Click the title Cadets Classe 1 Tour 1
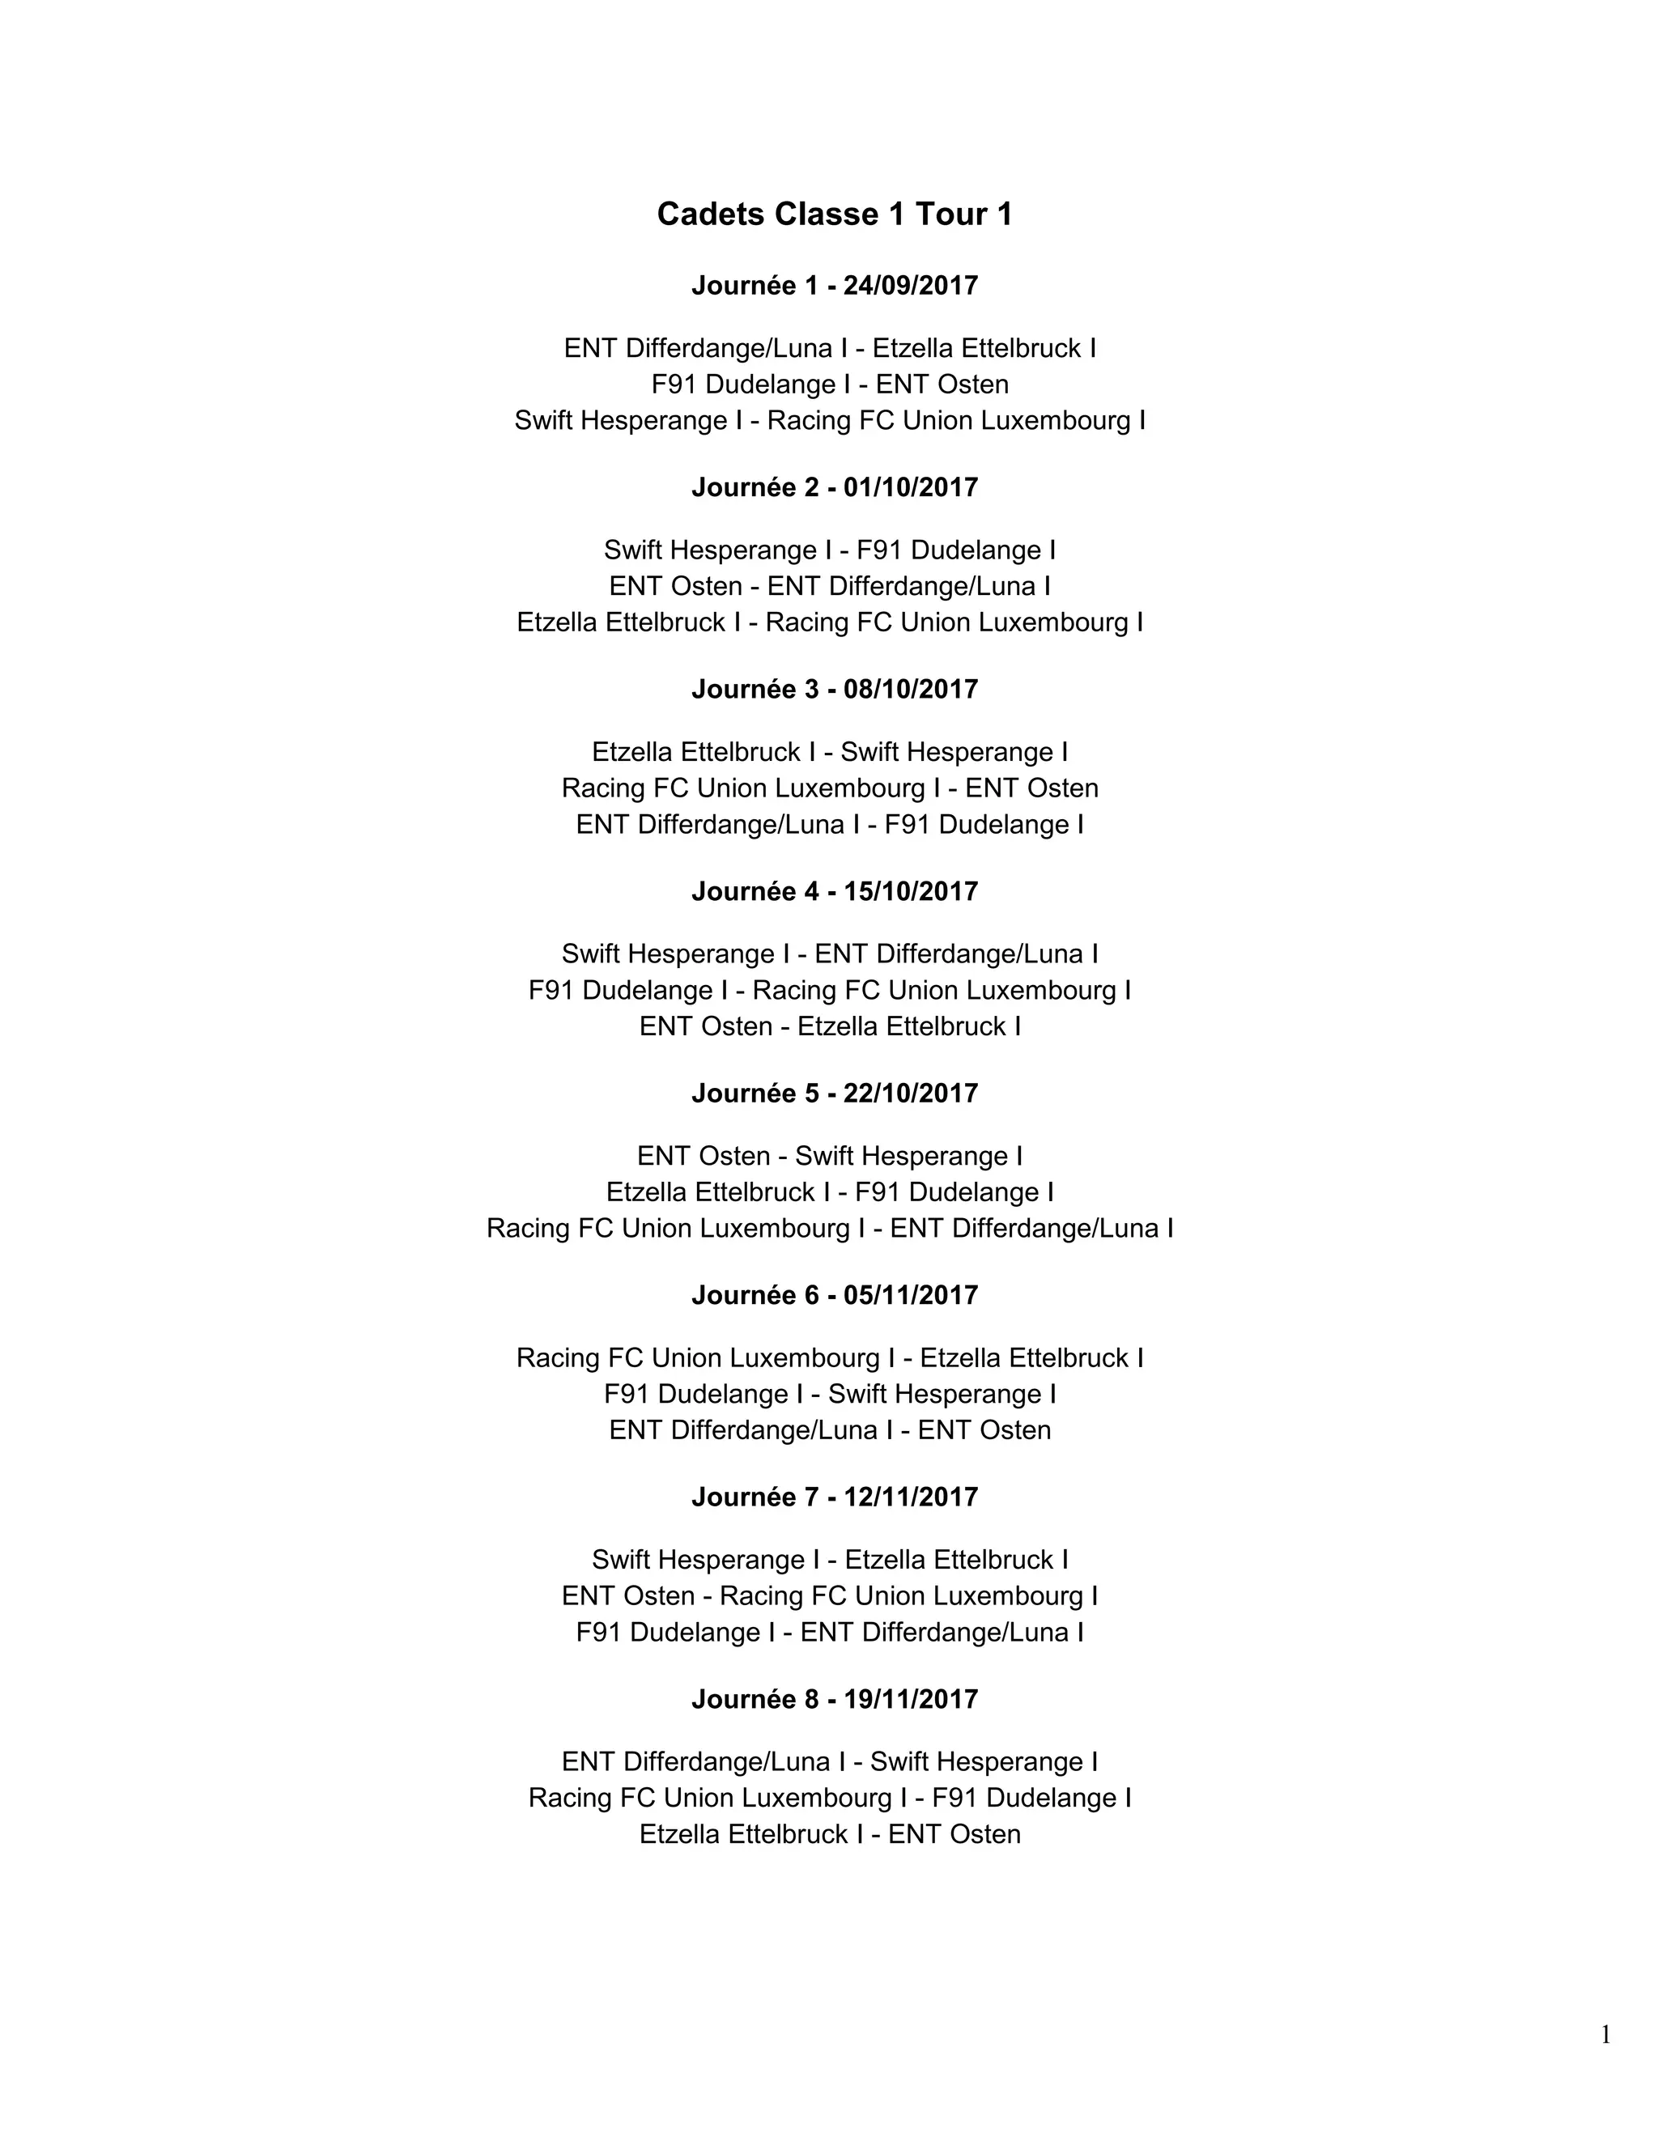834,214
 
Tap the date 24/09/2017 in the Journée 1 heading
911,286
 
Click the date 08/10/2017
911,690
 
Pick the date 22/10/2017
911,1093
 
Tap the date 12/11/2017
911,1497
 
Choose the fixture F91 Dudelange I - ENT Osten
830,384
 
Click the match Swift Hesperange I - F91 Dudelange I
830,550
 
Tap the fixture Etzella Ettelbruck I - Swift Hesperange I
830,752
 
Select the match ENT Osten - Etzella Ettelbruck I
830,1026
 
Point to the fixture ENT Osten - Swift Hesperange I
830,1156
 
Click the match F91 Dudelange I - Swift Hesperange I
830,1394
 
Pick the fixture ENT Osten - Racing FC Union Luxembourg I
830,1596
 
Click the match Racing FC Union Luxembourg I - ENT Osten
830,788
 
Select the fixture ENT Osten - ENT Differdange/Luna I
830,586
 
